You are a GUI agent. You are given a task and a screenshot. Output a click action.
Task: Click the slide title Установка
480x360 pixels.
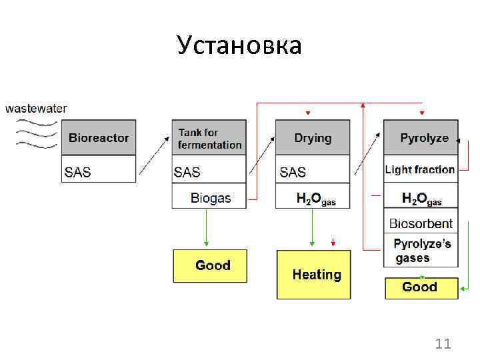(x=239, y=45)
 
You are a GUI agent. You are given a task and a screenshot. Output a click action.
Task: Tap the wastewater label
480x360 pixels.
(x=36, y=108)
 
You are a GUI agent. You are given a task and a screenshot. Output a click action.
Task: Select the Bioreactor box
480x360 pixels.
(x=99, y=138)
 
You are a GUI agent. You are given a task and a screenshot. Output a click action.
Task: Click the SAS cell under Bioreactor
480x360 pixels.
(x=99, y=171)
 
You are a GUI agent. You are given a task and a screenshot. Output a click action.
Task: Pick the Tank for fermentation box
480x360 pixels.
(x=209, y=138)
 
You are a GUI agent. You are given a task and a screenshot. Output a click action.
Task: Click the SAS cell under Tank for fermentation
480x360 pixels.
(x=209, y=171)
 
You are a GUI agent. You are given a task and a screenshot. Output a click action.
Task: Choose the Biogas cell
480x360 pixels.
(x=209, y=197)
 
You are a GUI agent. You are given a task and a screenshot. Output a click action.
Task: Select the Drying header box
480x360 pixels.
(x=313, y=138)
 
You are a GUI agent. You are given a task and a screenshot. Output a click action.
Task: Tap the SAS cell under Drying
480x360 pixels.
(x=313, y=171)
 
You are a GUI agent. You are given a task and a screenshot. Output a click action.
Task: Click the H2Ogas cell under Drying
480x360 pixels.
(x=313, y=197)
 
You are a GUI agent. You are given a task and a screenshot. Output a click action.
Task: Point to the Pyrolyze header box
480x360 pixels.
(x=421, y=138)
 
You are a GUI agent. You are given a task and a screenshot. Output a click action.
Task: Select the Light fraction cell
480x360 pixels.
(x=421, y=169)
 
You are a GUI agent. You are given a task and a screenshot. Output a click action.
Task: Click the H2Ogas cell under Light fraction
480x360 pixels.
(x=421, y=197)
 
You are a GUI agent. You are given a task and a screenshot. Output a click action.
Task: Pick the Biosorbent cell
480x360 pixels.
(x=421, y=223)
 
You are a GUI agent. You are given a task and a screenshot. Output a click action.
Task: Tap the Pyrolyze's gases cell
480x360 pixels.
(x=421, y=251)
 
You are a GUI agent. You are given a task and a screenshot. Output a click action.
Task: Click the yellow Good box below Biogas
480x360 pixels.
(x=210, y=265)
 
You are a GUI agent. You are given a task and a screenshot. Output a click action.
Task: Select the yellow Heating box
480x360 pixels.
(x=313, y=274)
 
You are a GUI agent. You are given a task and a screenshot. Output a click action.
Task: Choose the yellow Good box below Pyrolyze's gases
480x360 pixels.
(x=421, y=287)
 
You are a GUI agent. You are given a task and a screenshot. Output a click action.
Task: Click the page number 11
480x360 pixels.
(x=443, y=344)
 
